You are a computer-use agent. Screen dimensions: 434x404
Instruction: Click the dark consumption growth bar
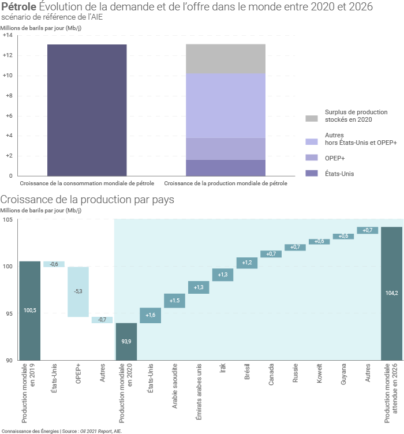(87, 110)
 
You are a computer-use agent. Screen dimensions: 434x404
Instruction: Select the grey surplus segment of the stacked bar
(226, 59)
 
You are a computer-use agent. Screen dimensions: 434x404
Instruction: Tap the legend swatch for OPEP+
(312, 158)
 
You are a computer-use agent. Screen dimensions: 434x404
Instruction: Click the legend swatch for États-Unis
(312, 173)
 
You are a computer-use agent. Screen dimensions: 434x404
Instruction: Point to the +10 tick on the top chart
(8, 76)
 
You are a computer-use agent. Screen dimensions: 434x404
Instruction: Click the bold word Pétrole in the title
(19, 6)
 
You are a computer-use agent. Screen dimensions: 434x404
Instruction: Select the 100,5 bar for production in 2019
(30, 310)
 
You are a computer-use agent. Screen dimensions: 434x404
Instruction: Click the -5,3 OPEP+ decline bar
(78, 291)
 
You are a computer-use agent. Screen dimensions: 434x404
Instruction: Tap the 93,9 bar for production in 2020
(126, 341)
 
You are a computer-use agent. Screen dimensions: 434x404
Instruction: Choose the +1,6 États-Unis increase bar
(151, 315)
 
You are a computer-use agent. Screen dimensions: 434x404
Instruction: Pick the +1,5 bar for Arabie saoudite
(175, 301)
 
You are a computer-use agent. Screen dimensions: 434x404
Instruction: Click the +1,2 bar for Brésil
(247, 263)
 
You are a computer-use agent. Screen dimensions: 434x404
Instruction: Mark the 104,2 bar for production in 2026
(391, 293)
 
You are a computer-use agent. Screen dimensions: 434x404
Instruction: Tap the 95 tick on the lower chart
(8, 314)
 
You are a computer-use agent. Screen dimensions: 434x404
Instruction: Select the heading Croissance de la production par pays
(87, 200)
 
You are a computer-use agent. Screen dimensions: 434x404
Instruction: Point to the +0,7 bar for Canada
(271, 254)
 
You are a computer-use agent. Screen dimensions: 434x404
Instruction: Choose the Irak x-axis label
(223, 369)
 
